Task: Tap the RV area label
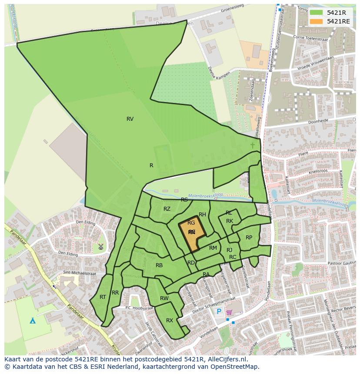[x=130, y=119]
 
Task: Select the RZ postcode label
[x=167, y=209]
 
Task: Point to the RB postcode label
[x=159, y=265]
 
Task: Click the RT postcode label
[x=103, y=297]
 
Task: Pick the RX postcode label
[x=170, y=321]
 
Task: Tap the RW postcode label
[x=164, y=298]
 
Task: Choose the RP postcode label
[x=249, y=237]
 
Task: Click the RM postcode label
[x=213, y=248]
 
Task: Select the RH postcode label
[x=202, y=215]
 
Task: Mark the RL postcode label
[x=229, y=213]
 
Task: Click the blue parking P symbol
[x=219, y=311]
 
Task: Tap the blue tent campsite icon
[x=32, y=321]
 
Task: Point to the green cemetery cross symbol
[x=253, y=145]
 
